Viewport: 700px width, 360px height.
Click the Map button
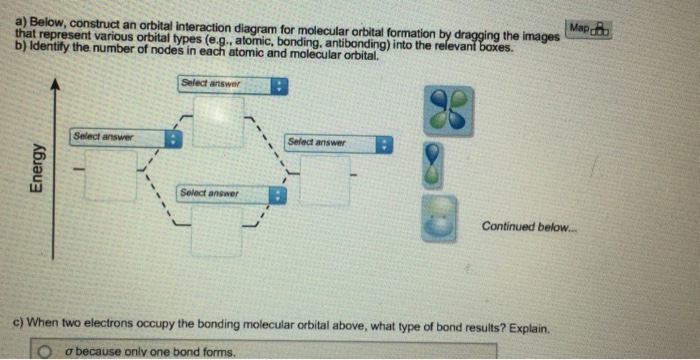point(588,29)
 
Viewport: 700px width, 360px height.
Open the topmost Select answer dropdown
point(233,85)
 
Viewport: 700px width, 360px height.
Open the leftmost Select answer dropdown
point(126,138)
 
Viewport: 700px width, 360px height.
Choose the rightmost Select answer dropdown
point(338,144)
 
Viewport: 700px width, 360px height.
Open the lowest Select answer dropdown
point(231,194)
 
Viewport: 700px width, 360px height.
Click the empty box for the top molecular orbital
point(218,121)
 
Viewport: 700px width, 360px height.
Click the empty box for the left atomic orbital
point(111,175)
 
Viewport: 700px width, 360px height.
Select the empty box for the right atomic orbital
point(325,180)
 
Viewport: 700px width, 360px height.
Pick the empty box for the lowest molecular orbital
point(217,231)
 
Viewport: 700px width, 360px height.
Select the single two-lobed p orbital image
point(433,164)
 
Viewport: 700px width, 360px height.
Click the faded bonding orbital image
point(439,218)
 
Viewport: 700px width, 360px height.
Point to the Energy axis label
point(38,168)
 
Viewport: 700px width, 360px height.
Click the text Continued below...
point(529,226)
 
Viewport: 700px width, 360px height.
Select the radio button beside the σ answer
point(45,353)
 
